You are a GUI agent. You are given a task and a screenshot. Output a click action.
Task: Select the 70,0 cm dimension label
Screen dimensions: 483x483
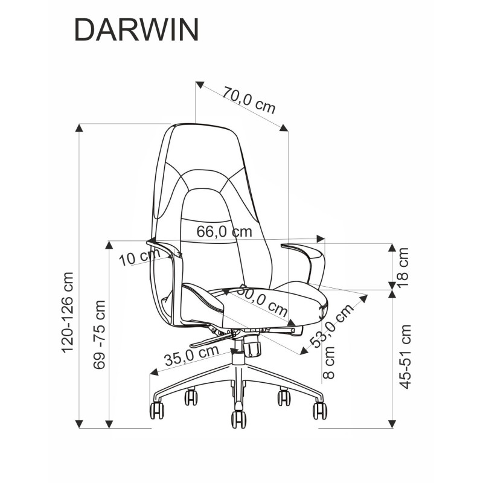click(249, 101)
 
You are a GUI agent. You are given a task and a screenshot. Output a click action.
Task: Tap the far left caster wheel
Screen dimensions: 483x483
click(156, 410)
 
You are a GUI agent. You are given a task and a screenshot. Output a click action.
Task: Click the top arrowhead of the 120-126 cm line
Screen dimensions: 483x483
click(78, 127)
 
